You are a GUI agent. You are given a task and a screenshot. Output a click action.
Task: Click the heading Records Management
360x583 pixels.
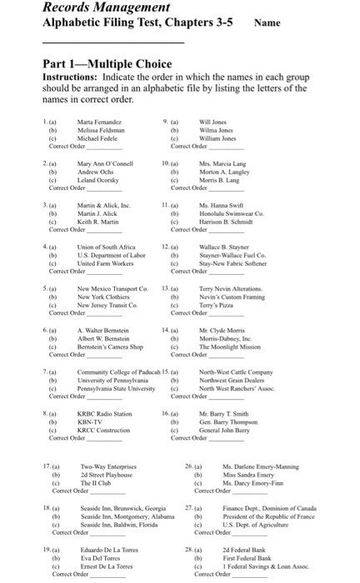point(98,7)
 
